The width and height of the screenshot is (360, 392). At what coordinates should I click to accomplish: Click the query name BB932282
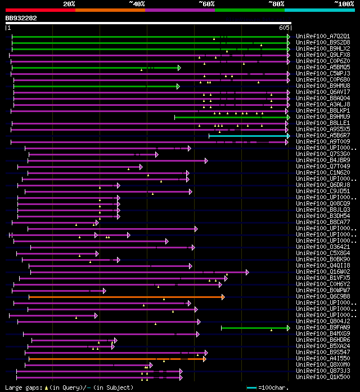(x=21, y=18)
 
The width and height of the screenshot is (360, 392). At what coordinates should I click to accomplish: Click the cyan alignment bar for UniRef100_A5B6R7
(x=247, y=136)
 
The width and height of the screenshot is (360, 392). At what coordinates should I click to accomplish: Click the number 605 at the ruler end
(x=283, y=28)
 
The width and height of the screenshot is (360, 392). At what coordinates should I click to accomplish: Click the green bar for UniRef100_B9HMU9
(x=231, y=117)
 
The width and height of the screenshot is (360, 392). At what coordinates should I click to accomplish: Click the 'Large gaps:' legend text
(x=22, y=387)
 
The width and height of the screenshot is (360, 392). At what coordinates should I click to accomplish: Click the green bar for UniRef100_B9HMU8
(x=96, y=86)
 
